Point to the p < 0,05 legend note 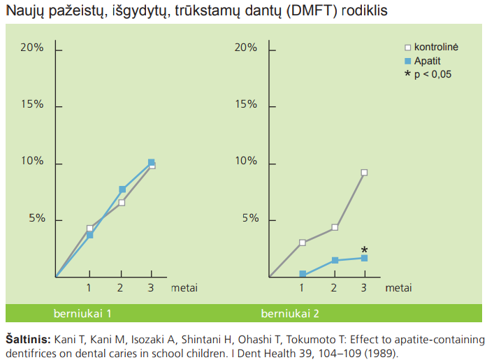coord(428,73)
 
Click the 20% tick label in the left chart coord(32,48)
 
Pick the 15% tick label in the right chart coord(245,104)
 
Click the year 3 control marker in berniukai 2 coord(364,173)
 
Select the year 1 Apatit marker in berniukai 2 coord(303,274)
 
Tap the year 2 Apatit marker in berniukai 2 coord(335,260)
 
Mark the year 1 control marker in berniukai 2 coord(303,243)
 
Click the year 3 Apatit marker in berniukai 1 coord(151,162)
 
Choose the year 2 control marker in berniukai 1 coord(122,203)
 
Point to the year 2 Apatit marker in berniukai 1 coord(122,189)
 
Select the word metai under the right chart coord(398,287)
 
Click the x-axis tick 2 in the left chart coord(120,287)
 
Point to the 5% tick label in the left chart coord(36,218)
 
